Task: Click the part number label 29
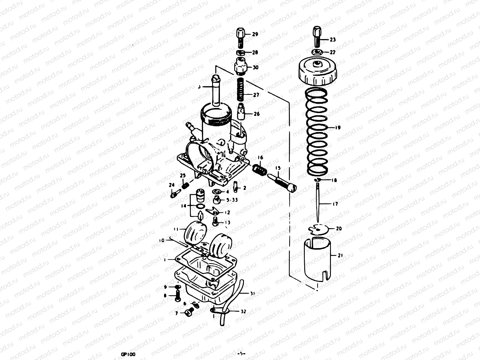click(x=255, y=34)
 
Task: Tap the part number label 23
click(x=333, y=40)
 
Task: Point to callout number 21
click(x=340, y=256)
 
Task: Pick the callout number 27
click(x=256, y=95)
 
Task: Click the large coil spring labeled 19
click(x=317, y=132)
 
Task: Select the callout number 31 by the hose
click(x=252, y=294)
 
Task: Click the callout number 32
click(x=243, y=312)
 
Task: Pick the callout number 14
click(x=184, y=206)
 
